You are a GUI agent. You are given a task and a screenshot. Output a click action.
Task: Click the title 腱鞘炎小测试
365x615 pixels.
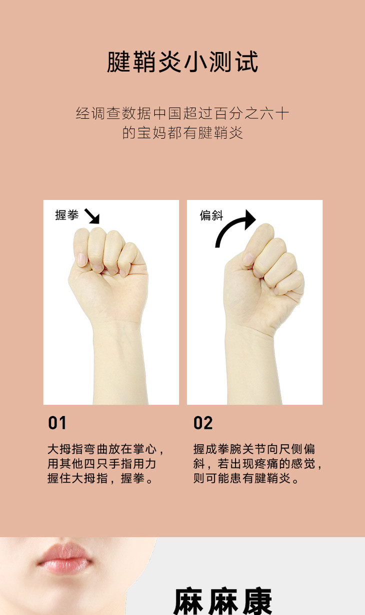click(x=182, y=62)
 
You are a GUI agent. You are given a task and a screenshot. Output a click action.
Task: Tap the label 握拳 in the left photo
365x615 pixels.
click(x=66, y=215)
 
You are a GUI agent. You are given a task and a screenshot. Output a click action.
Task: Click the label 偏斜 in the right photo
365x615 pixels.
click(x=211, y=215)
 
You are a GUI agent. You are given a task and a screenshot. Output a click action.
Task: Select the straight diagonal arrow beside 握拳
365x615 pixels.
click(x=92, y=216)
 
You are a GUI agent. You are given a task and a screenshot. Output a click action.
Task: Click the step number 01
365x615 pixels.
click(x=57, y=423)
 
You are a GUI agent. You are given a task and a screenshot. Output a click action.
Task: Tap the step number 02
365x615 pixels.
click(x=203, y=423)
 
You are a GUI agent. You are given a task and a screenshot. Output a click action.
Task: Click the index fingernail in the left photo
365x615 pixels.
click(x=81, y=259)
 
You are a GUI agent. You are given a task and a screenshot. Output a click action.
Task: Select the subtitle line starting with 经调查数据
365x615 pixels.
click(x=182, y=113)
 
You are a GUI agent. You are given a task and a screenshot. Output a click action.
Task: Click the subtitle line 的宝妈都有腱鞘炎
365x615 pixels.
click(x=182, y=133)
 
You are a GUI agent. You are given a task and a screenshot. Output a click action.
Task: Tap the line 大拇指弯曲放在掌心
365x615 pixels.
click(x=105, y=449)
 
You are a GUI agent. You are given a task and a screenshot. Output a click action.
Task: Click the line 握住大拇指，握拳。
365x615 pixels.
click(x=100, y=478)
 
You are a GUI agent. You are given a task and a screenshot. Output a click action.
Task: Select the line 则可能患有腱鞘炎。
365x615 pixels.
click(x=245, y=478)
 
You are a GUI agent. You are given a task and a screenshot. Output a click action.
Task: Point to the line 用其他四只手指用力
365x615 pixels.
click(x=102, y=463)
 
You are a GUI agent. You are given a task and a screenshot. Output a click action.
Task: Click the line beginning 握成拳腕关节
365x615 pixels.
click(x=254, y=449)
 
